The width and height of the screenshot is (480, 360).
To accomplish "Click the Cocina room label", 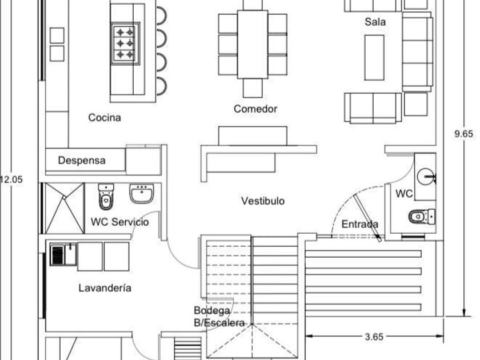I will [105, 118].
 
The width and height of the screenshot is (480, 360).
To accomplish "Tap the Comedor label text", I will [255, 109].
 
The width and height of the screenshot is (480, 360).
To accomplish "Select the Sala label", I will [375, 22].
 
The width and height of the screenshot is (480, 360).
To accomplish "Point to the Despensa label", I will [82, 161].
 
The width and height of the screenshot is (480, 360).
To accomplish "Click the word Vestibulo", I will [262, 201].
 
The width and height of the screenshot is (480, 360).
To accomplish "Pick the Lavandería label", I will [105, 288].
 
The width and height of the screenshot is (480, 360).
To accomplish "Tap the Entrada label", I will [360, 225].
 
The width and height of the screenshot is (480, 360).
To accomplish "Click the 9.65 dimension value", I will [463, 134].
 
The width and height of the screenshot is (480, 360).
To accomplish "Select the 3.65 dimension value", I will [374, 337].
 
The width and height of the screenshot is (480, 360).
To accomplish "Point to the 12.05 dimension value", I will [11, 179].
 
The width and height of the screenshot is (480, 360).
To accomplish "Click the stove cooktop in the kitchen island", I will [125, 42].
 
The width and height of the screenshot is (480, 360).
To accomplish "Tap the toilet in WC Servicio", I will [106, 197].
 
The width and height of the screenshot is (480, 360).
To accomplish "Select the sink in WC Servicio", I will [141, 194].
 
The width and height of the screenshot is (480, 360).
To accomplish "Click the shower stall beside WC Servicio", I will [64, 208].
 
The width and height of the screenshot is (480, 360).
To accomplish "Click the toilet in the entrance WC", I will [421, 217].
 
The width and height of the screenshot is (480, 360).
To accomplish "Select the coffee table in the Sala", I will [374, 57].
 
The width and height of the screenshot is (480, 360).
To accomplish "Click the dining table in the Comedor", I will [253, 44].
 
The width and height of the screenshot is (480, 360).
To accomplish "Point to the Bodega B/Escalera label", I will [219, 317].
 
